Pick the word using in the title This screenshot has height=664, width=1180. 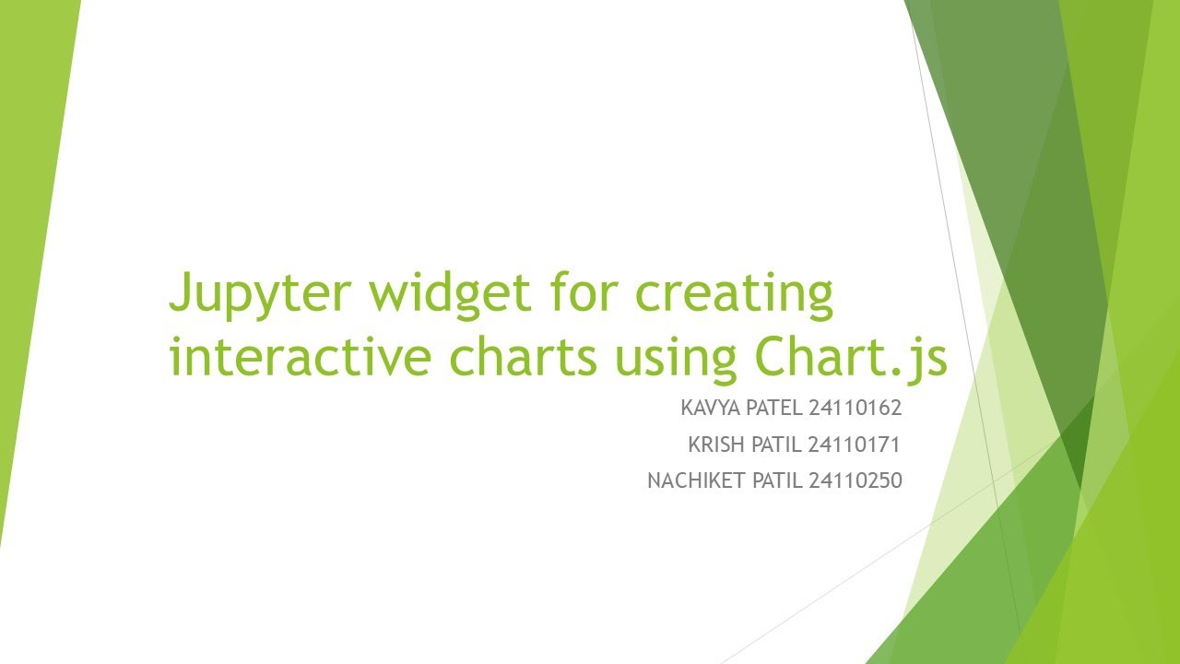pyautogui.click(x=673, y=360)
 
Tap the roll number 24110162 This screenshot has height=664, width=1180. pyautogui.click(x=855, y=408)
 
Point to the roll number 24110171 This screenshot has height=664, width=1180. pyautogui.click(x=855, y=445)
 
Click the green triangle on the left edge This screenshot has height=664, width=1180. pyautogui.click(x=32, y=231)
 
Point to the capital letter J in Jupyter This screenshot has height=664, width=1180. pyautogui.click(x=181, y=293)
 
